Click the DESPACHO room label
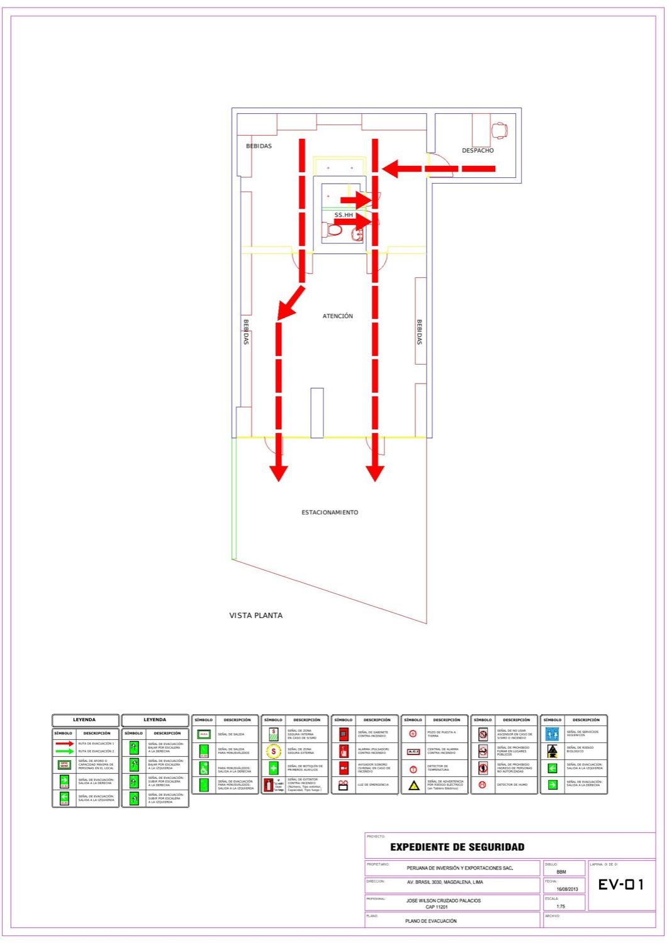478,151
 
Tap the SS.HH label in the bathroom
344,215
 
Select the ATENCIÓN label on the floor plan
338,316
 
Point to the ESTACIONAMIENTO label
330,512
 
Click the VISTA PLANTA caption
255,615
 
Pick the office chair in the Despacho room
500,130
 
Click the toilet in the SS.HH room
334,231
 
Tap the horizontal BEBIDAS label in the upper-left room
259,146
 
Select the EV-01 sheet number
620,885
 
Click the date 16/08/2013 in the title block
567,889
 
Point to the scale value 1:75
561,907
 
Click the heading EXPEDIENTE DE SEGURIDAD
457,847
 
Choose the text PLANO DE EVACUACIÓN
431,921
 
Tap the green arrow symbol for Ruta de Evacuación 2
64,751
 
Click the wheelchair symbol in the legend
204,768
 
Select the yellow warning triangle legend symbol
413,785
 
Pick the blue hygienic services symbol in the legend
552,734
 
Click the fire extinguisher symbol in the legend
269,785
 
